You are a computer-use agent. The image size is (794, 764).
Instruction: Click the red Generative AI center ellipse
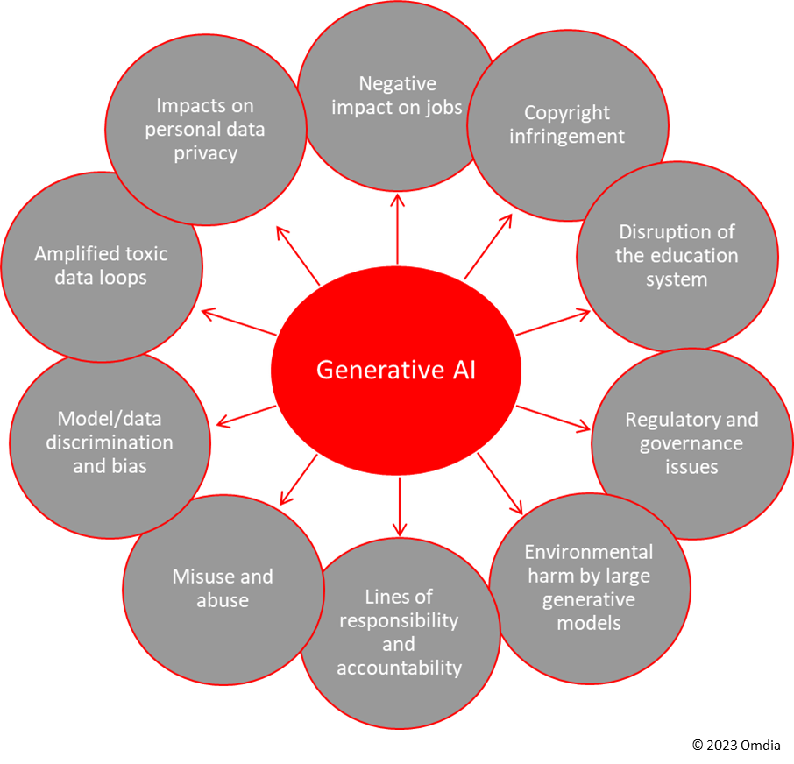(x=396, y=370)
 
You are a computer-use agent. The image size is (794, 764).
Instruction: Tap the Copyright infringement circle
(x=567, y=124)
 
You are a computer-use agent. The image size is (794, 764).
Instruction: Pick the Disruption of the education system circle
(x=677, y=256)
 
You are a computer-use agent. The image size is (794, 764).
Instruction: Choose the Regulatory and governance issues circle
(x=691, y=442)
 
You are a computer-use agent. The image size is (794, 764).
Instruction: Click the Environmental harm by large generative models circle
(x=588, y=588)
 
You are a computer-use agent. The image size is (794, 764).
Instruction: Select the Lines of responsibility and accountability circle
(x=399, y=632)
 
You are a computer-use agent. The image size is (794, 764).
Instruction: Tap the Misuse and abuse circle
(x=223, y=588)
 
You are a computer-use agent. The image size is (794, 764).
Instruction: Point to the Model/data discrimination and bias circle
(x=110, y=442)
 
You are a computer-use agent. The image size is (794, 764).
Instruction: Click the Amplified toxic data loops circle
(x=101, y=265)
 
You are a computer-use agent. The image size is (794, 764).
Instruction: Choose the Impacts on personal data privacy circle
(x=205, y=129)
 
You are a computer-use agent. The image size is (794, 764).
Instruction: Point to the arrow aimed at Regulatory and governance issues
(x=554, y=418)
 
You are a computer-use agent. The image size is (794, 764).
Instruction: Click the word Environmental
(x=589, y=552)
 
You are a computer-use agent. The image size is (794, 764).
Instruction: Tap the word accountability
(x=399, y=668)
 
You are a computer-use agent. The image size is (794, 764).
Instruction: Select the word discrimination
(x=110, y=442)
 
